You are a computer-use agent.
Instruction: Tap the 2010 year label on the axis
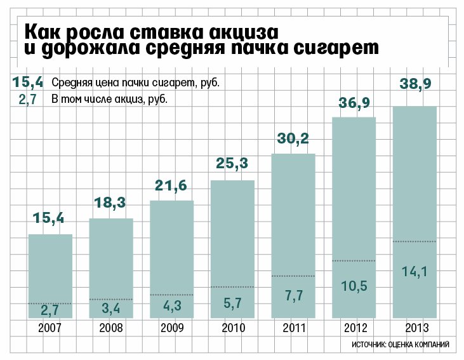coord(232,328)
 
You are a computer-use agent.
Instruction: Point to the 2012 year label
coord(354,328)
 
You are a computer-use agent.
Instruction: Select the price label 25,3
coord(232,164)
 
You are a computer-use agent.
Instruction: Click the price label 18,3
coord(110,204)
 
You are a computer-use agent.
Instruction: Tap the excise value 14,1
coord(415,272)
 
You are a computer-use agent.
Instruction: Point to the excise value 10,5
coord(354,286)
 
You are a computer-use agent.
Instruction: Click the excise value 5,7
coord(232,303)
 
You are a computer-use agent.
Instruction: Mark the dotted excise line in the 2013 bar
coord(414,241)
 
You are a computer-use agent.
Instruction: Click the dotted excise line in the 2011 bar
coord(293,276)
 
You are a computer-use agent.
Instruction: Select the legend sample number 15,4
coord(27,82)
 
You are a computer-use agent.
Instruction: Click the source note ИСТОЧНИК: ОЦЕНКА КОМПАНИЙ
coord(400,345)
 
